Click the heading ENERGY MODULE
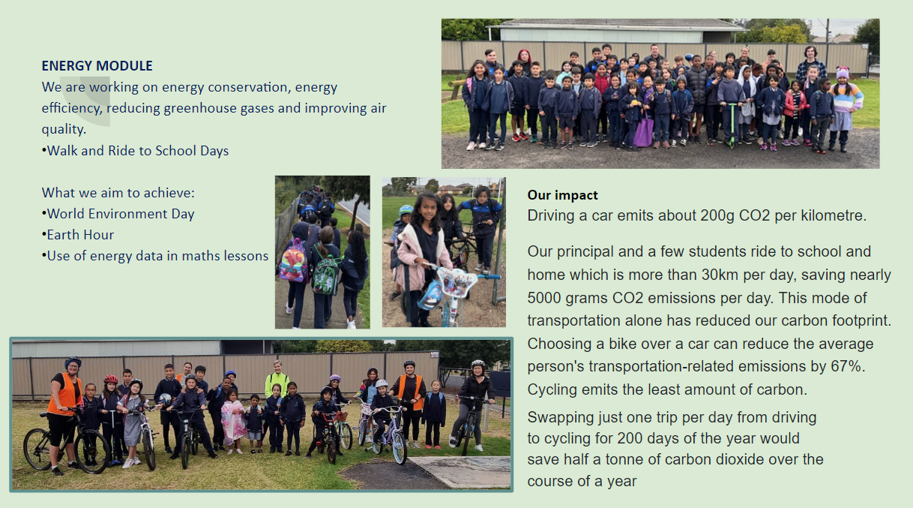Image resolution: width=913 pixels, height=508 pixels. point(97,66)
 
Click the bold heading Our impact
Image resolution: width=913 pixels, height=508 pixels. point(562,195)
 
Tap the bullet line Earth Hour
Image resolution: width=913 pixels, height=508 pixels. point(78,235)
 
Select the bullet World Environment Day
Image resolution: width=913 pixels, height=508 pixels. point(118,214)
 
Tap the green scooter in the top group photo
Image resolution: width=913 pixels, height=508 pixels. point(732,125)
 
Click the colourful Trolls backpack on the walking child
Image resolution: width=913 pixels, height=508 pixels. point(292,262)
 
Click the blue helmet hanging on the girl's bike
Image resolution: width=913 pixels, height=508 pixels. point(430,295)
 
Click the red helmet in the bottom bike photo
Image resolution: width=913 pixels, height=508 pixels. point(110,379)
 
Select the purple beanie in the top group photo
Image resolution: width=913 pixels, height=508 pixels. point(843,73)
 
